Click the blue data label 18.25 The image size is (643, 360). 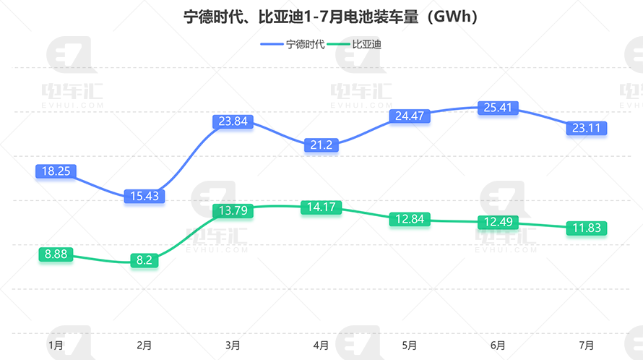(x=56, y=171)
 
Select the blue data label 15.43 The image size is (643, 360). (x=144, y=196)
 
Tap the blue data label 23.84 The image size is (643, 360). (x=233, y=121)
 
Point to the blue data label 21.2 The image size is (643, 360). (x=321, y=145)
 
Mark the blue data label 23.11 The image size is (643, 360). (x=587, y=128)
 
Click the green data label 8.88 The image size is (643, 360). (x=56, y=254)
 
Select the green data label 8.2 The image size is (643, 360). (x=144, y=260)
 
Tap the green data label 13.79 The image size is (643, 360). (x=233, y=211)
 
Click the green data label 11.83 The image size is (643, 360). (x=587, y=228)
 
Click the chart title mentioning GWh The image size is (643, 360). (x=321, y=16)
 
